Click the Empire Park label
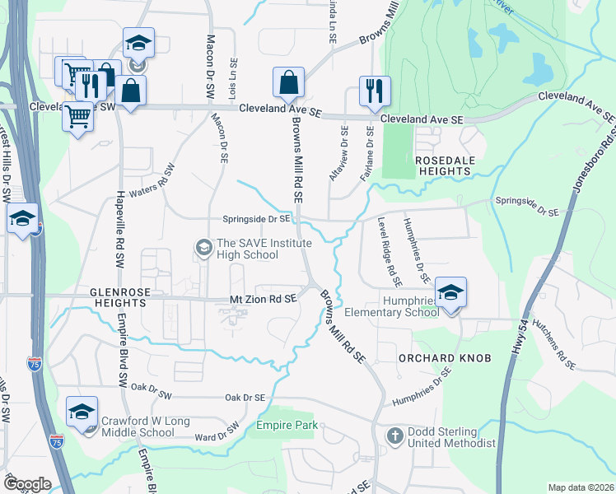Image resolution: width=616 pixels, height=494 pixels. (x=286, y=425)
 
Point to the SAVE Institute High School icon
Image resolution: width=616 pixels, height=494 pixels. (x=203, y=246)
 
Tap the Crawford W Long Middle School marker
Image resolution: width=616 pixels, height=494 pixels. (x=82, y=412)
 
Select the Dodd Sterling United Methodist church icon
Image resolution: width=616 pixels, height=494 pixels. (x=394, y=434)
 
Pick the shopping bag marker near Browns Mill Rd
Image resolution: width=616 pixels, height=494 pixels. (x=289, y=82)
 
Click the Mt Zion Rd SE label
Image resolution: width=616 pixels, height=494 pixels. (x=262, y=301)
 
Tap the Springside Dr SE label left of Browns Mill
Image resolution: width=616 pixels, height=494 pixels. (x=256, y=219)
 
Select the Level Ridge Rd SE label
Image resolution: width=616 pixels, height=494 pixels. (x=388, y=251)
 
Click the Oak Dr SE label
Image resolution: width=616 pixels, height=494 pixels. (x=245, y=397)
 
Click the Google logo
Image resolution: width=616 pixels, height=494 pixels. (x=27, y=484)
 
